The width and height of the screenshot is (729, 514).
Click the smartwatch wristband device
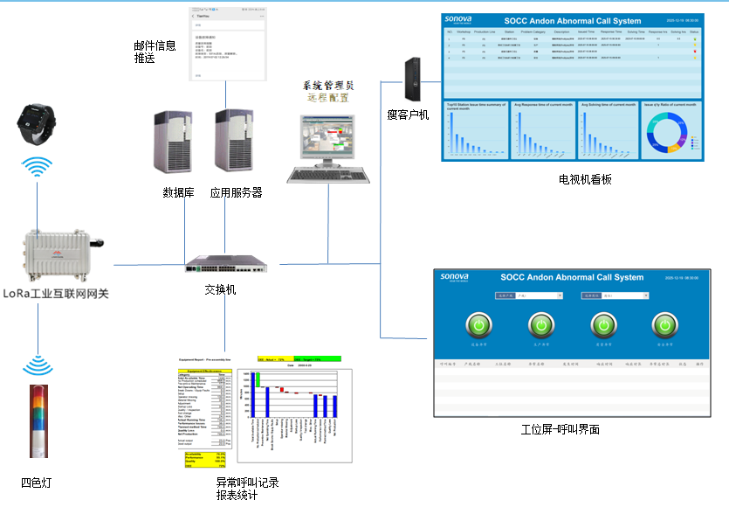coord(37,123)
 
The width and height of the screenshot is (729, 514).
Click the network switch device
coord(230,260)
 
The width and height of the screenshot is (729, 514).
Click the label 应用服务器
coord(236,192)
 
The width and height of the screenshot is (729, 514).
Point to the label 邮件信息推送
coord(155,52)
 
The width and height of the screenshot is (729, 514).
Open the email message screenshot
coord(229,43)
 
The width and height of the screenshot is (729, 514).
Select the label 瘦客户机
coord(408,115)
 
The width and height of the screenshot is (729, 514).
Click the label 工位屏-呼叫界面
coord(560,429)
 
